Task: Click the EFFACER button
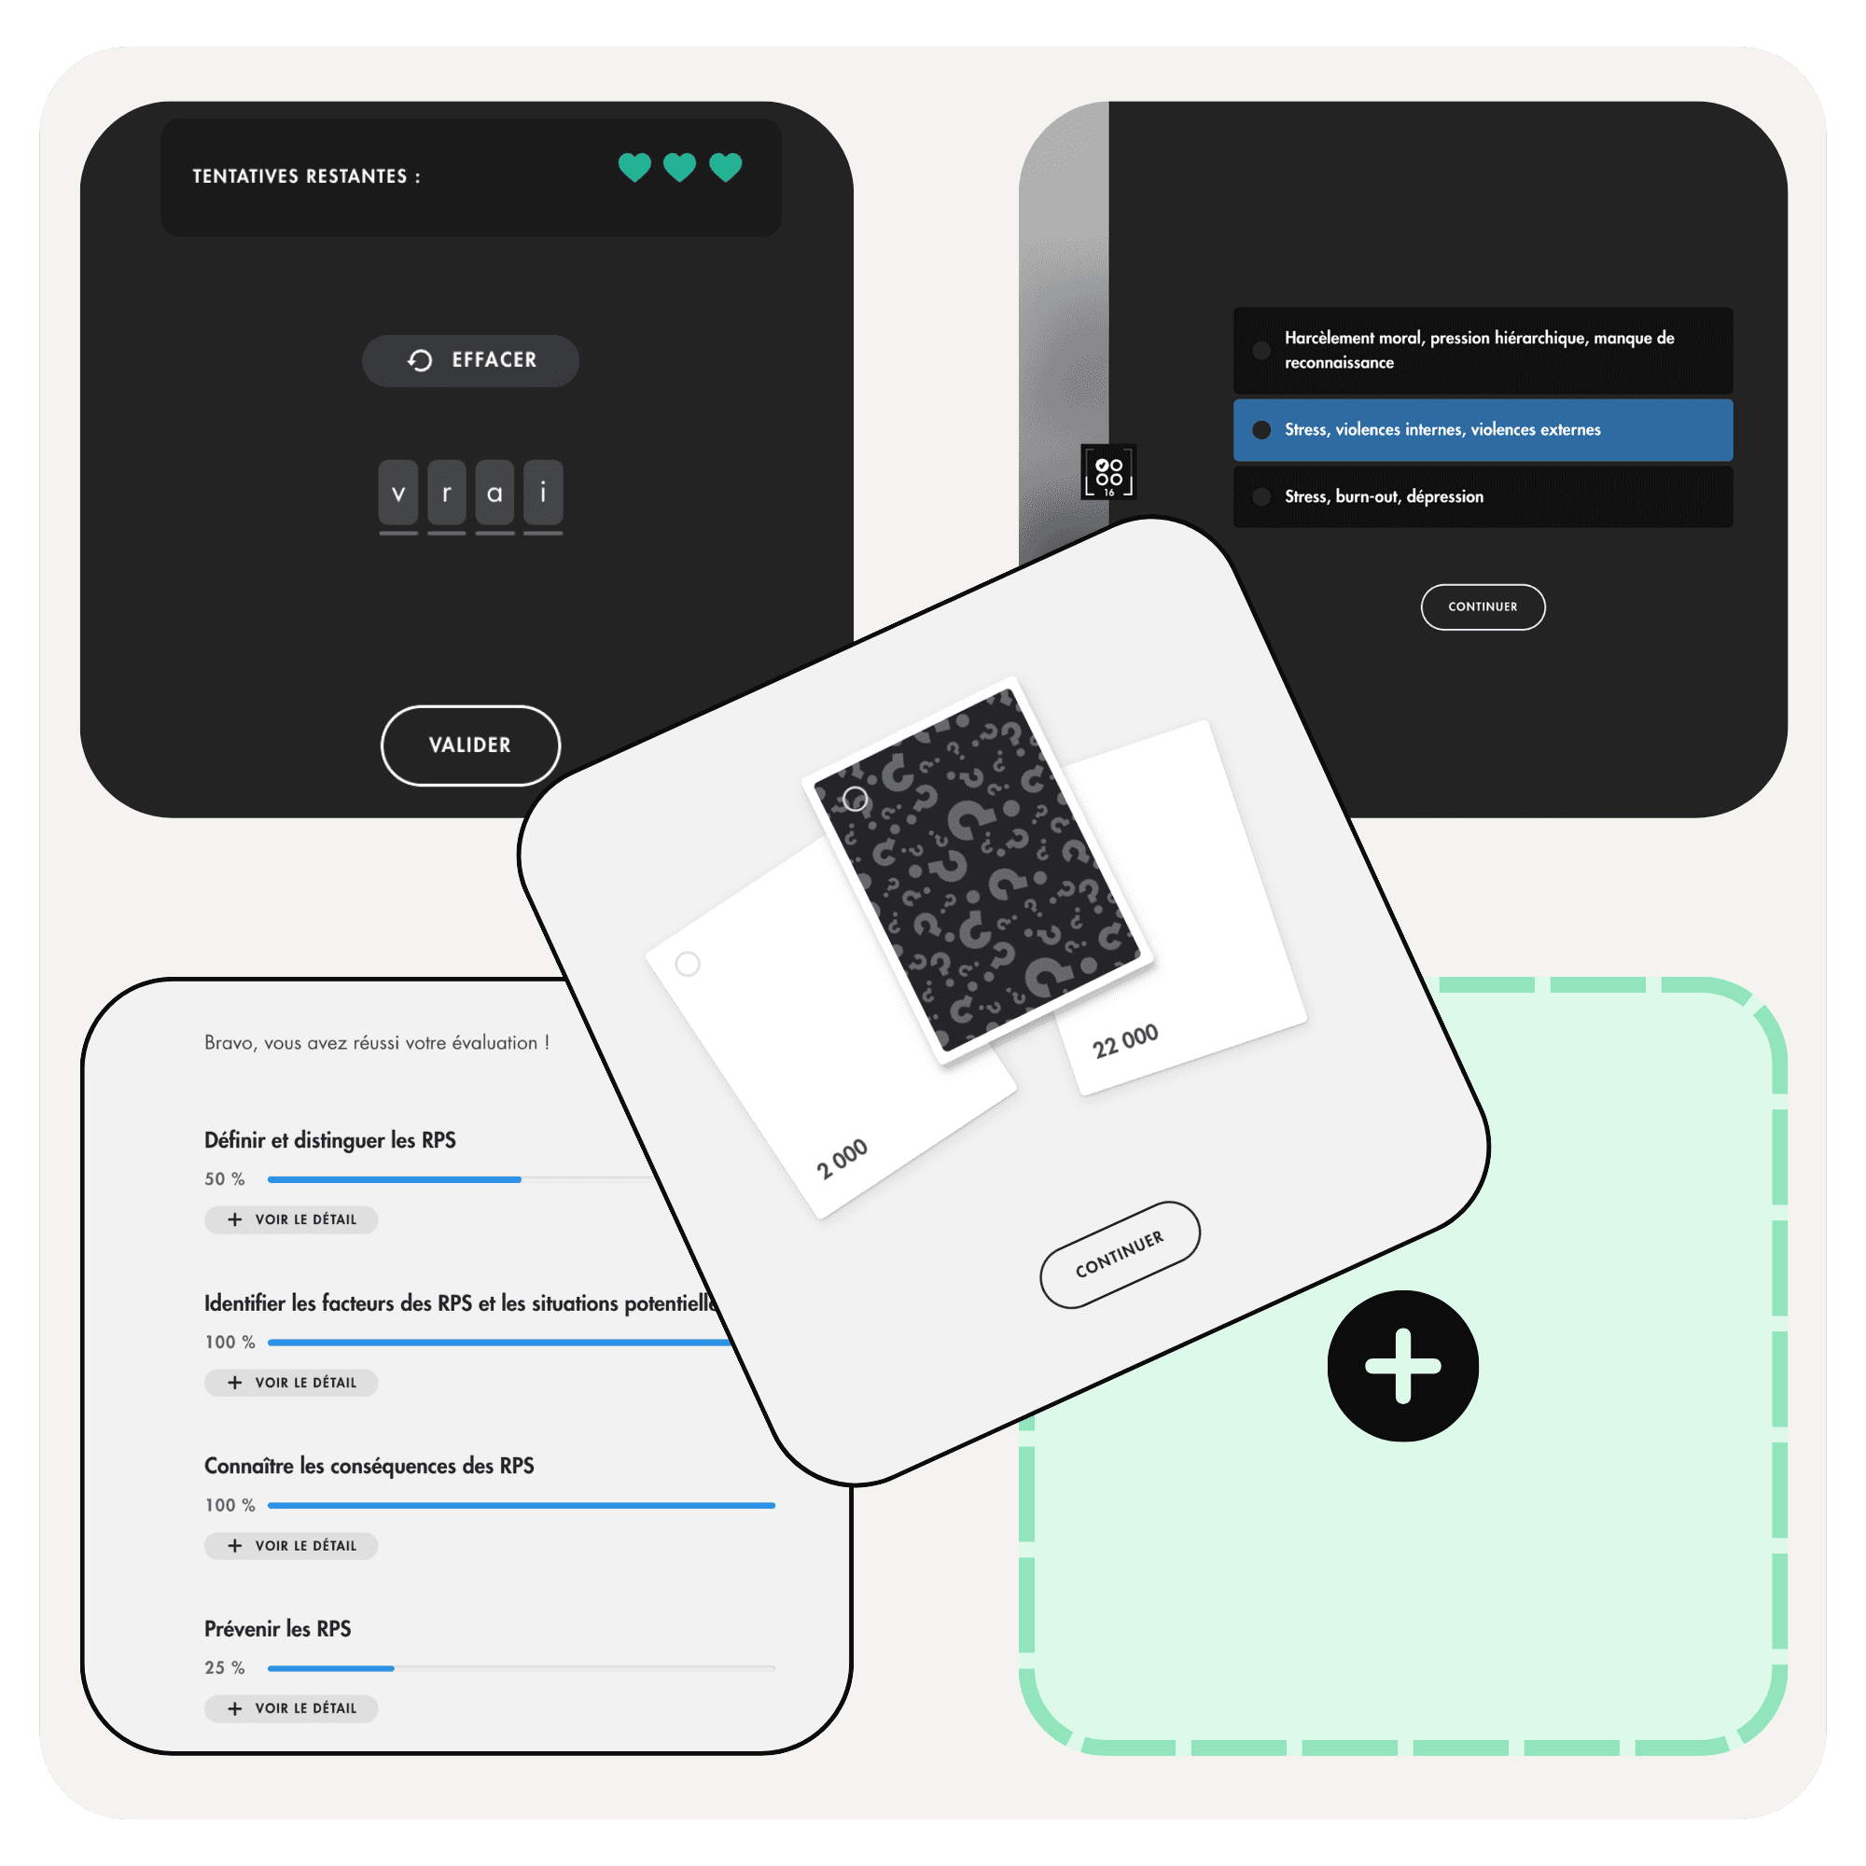tap(470, 360)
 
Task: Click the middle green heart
tap(680, 167)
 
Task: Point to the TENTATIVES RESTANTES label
tap(306, 176)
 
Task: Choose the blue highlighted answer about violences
tap(1483, 430)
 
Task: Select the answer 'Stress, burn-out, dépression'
tap(1483, 496)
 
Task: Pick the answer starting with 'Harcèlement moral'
tap(1483, 350)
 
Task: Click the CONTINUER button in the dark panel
tap(1483, 606)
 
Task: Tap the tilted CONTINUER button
tap(1121, 1255)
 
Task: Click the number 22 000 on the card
tap(1125, 1041)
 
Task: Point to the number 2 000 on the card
tap(842, 1159)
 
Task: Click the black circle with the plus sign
tap(1402, 1366)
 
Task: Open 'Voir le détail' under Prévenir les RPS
tap(291, 1707)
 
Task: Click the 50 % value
tap(224, 1179)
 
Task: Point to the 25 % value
tap(224, 1668)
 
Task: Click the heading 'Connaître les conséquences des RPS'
tap(369, 1466)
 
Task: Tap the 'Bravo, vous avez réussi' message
tap(377, 1043)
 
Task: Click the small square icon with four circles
tap(1108, 472)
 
